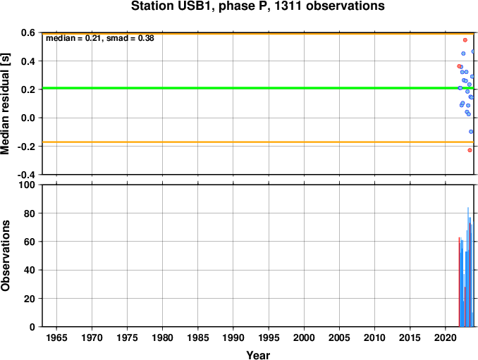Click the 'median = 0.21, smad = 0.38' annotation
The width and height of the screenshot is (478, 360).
point(100,38)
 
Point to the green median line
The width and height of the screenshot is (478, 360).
point(258,88)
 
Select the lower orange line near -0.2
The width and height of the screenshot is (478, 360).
point(258,142)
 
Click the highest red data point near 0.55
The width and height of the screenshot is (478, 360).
point(465,40)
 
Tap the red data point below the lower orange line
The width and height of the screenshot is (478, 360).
point(470,150)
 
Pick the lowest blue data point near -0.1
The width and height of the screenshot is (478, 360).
point(471,132)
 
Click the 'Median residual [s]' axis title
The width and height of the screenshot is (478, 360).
point(5,104)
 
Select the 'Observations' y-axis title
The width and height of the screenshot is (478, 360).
point(5,256)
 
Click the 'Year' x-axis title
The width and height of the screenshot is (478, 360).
point(258,355)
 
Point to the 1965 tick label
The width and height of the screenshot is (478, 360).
point(56,337)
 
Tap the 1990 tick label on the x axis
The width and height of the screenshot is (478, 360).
point(233,337)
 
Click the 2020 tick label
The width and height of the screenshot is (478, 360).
point(446,337)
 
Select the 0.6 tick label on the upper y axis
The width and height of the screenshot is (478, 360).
point(28,32)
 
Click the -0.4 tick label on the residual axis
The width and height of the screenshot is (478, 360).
point(26,175)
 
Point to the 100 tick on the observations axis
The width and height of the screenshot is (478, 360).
point(27,185)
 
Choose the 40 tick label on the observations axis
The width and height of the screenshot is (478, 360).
point(30,270)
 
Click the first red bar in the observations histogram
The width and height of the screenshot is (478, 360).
point(459,282)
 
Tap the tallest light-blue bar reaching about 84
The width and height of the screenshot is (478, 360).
point(468,267)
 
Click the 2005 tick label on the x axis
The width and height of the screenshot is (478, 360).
point(339,337)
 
